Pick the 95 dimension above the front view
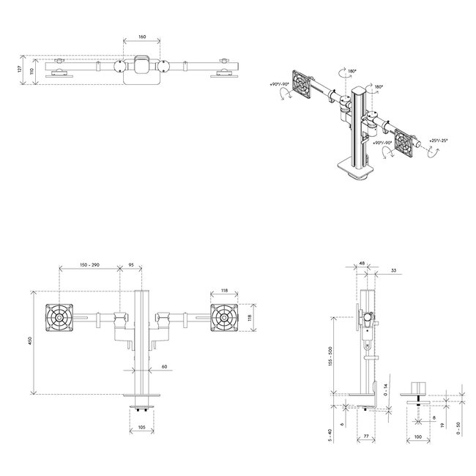tap(131, 264)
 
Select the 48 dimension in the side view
tap(362, 264)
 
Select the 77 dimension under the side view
tap(364, 438)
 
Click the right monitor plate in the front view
tap(224, 317)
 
